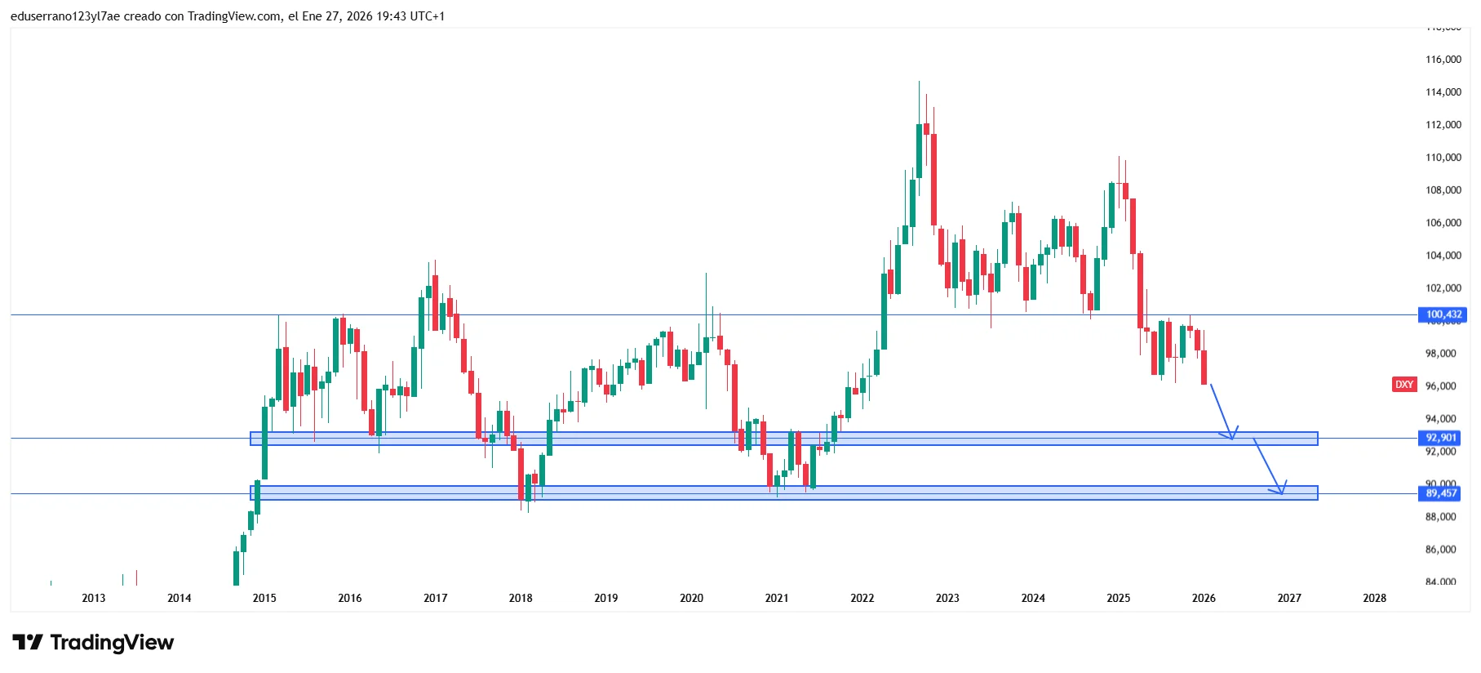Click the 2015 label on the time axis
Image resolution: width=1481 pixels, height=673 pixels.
coord(264,598)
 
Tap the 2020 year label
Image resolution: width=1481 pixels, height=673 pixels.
coord(691,598)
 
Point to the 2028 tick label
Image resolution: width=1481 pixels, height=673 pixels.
coord(1374,598)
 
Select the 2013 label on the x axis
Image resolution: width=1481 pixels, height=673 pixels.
coord(94,598)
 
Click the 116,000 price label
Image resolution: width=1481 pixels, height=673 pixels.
coord(1443,60)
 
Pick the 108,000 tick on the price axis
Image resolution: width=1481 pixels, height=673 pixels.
coord(1443,190)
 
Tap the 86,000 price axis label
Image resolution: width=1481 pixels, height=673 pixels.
coord(1440,550)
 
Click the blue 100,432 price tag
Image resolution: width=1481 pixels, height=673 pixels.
coord(1443,314)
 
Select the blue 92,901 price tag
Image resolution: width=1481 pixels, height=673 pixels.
coord(1441,438)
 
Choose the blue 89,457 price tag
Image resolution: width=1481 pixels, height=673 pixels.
coord(1441,493)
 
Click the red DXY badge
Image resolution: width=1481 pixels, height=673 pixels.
coord(1403,385)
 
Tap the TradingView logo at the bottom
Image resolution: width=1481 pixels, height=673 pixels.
coord(93,643)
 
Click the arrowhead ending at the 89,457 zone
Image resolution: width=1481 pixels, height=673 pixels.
coord(1281,492)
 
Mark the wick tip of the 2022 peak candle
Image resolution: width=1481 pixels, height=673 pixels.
coord(919,82)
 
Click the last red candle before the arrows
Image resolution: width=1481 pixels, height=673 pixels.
coord(1204,368)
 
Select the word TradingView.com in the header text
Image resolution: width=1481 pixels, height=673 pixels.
coord(234,16)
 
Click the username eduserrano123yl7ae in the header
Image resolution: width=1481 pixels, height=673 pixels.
coord(65,16)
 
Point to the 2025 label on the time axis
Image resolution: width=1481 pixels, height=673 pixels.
coord(1118,598)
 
